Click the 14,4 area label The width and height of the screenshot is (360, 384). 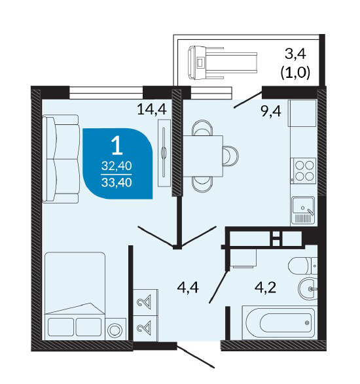(152, 109)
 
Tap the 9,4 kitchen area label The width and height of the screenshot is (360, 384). (271, 111)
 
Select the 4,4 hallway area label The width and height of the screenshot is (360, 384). (188, 287)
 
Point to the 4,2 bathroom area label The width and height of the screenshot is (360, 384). (265, 287)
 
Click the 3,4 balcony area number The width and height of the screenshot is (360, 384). (295, 54)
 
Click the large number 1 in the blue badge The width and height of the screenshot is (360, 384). (117, 146)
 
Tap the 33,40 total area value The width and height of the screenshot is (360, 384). (117, 183)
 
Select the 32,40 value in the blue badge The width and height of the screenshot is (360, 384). (117, 166)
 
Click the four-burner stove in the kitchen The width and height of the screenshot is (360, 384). (303, 171)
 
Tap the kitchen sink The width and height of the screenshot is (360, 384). (303, 211)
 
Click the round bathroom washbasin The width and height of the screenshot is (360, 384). (308, 289)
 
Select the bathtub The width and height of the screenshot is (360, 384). (279, 323)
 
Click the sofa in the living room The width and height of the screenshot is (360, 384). (61, 159)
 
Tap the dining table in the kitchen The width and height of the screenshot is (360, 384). (203, 156)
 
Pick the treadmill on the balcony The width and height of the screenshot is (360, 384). (223, 63)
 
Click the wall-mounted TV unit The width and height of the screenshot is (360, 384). (164, 153)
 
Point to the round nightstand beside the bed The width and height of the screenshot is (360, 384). (115, 330)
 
